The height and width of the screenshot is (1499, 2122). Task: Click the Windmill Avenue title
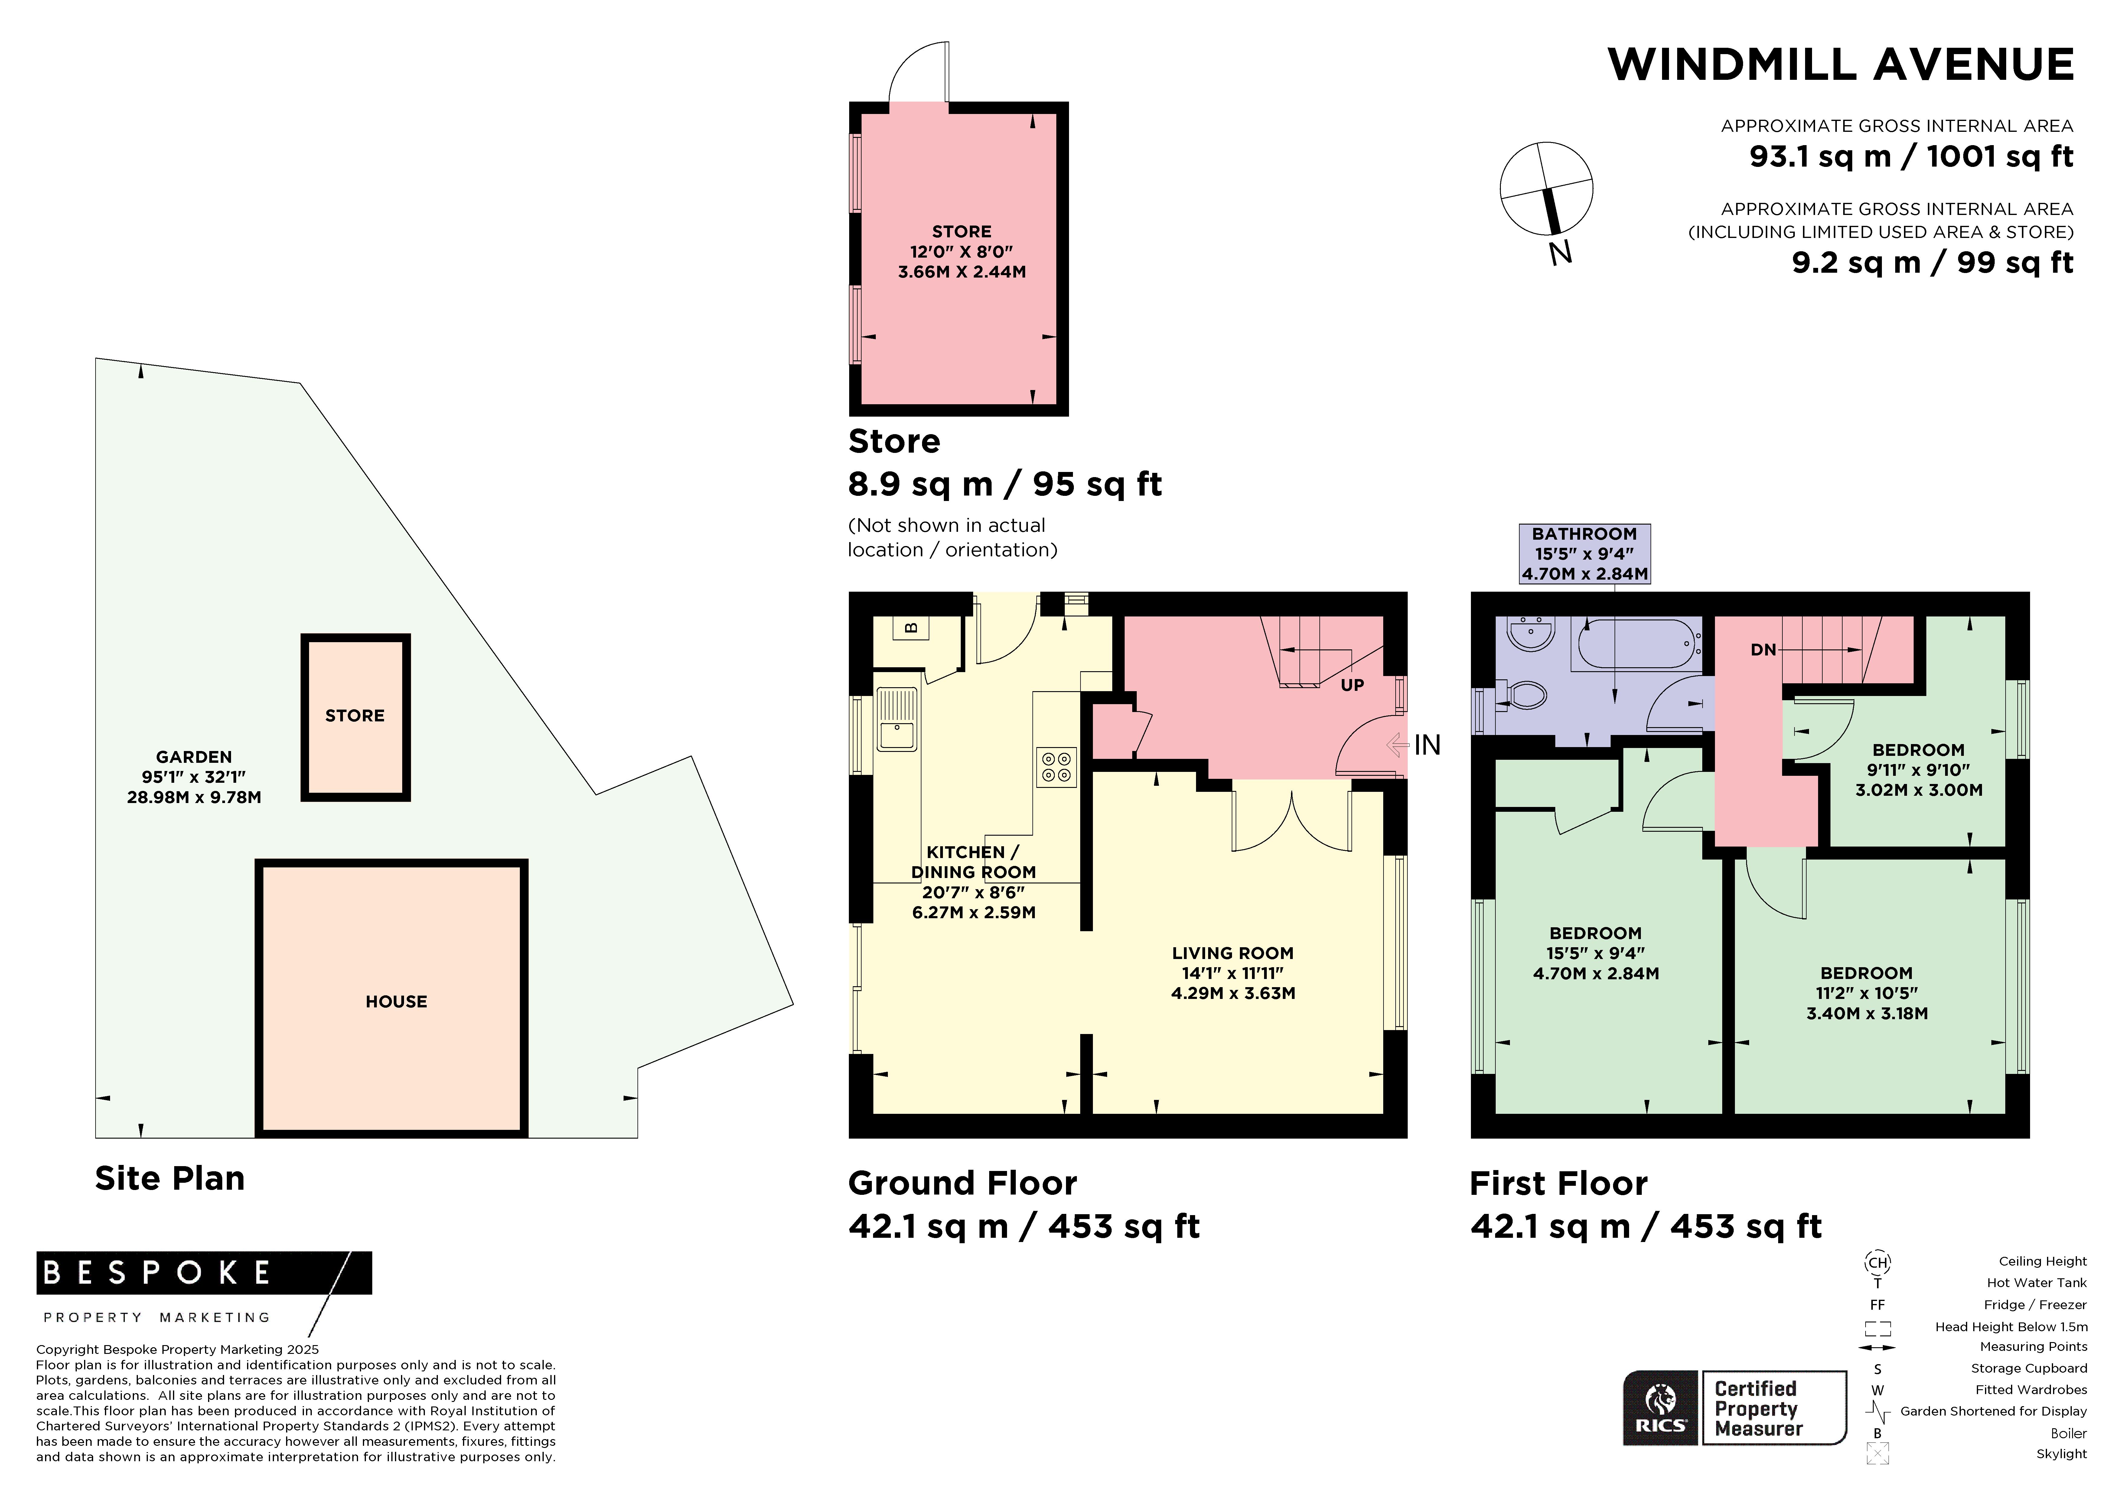(x=1840, y=65)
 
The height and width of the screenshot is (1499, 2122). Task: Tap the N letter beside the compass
(x=1561, y=252)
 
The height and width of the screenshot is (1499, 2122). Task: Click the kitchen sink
(x=896, y=719)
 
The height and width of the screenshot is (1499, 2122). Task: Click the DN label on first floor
(x=1763, y=650)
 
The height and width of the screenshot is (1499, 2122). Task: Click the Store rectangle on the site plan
(x=356, y=717)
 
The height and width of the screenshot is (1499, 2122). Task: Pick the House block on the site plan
(x=392, y=998)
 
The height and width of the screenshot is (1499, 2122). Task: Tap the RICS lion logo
(x=1661, y=1407)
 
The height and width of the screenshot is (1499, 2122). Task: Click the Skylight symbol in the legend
(x=1877, y=1455)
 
